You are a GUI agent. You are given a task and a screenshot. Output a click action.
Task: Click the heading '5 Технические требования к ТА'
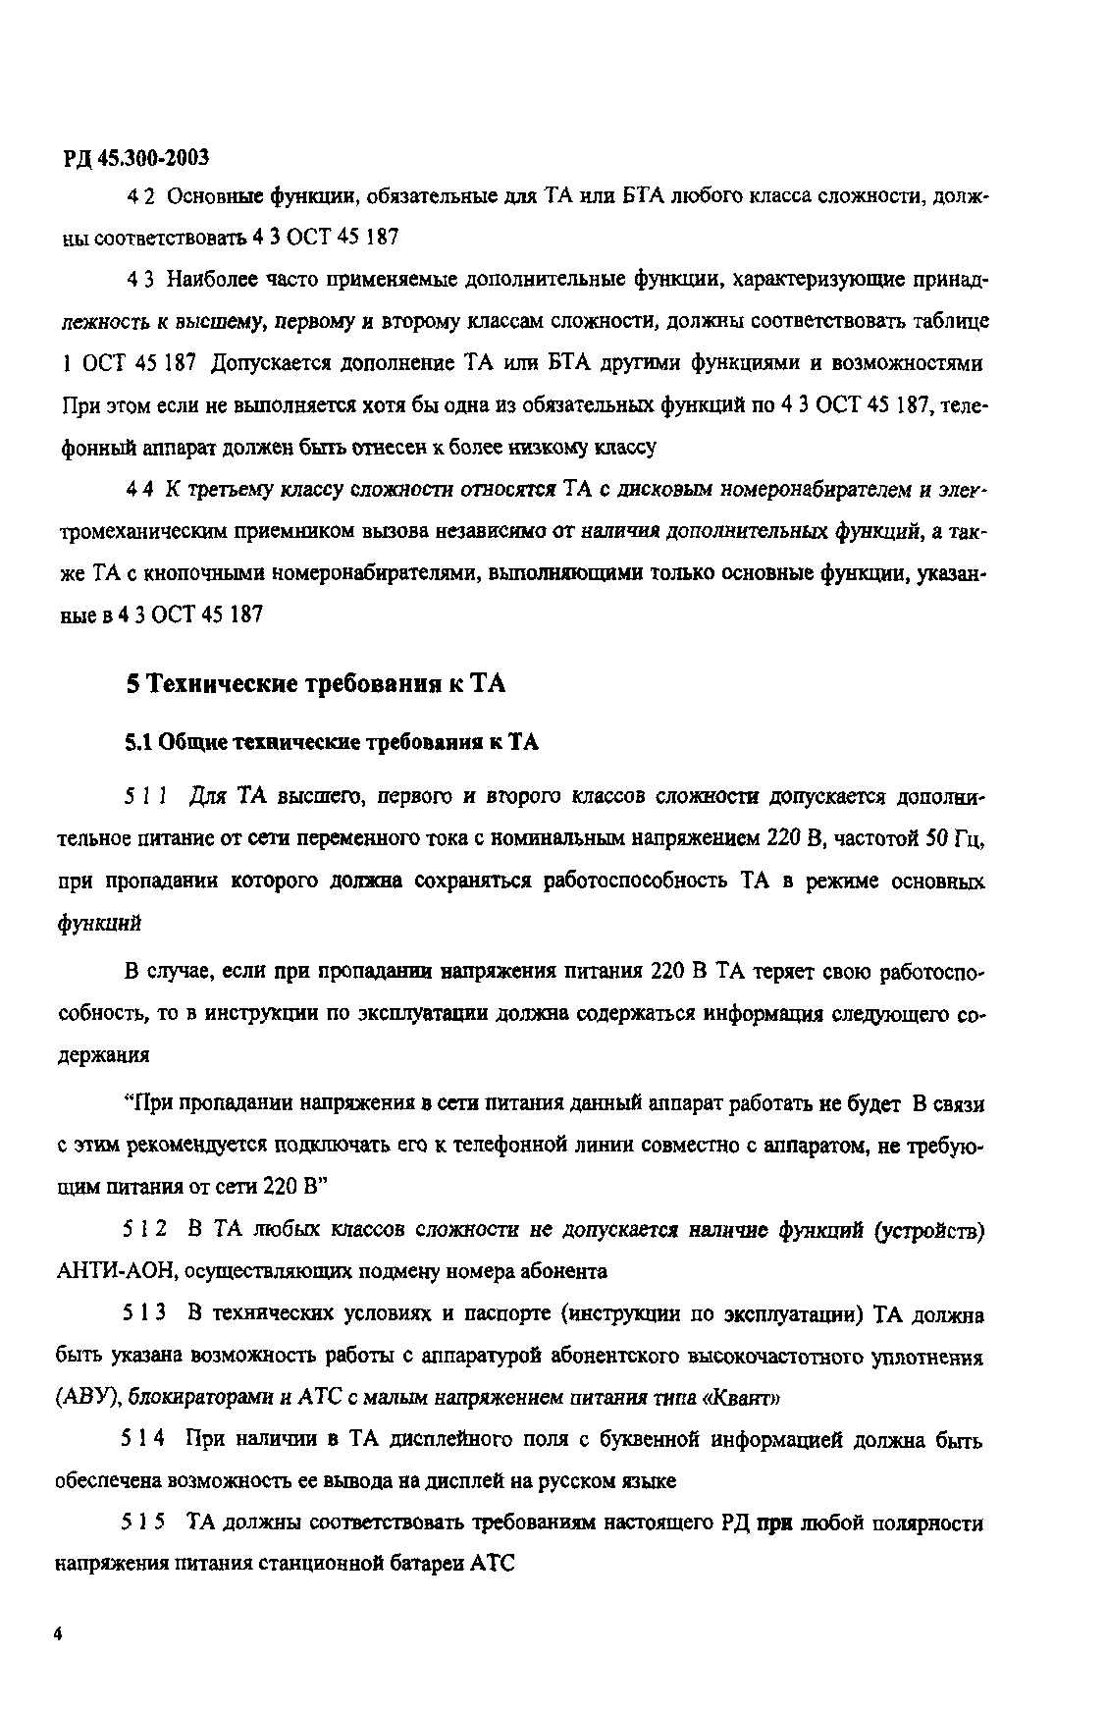click(x=316, y=684)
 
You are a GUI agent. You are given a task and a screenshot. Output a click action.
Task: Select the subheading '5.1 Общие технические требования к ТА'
click(x=332, y=742)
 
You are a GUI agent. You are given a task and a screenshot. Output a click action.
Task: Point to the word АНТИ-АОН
click(x=117, y=1271)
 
